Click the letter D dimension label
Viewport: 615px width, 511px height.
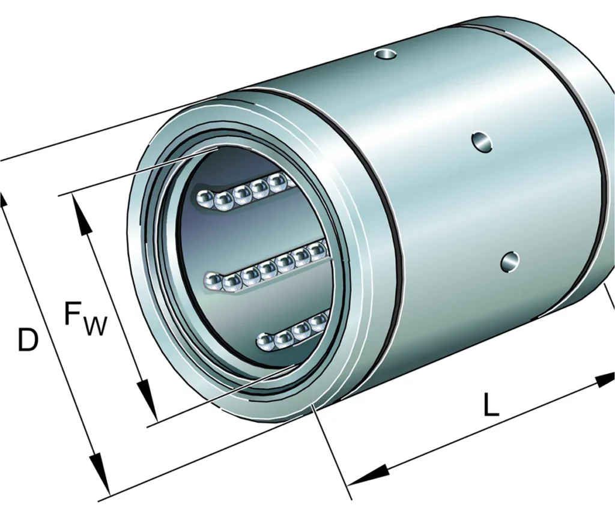click(x=27, y=340)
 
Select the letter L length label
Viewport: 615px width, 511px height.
click(x=491, y=407)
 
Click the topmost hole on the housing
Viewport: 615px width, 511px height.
click(x=386, y=55)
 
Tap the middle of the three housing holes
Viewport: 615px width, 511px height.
click(x=482, y=142)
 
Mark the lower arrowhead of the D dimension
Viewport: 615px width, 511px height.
click(x=100, y=480)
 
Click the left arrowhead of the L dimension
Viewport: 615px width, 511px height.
click(x=364, y=475)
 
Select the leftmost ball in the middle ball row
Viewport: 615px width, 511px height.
click(x=214, y=280)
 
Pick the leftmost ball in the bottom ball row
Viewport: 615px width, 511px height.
click(x=265, y=342)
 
